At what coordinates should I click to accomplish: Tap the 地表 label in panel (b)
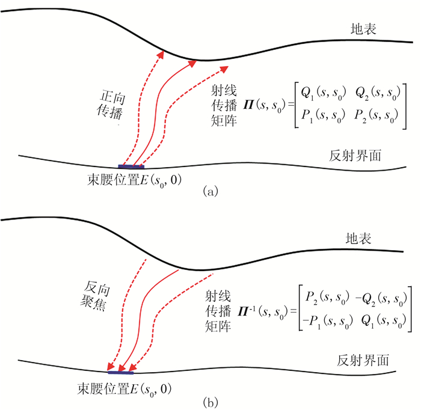point(363,239)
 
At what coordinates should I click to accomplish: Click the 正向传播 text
point(108,103)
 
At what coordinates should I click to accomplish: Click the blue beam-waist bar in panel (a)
point(131,166)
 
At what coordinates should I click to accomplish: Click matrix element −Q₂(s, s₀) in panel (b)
point(380,299)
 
